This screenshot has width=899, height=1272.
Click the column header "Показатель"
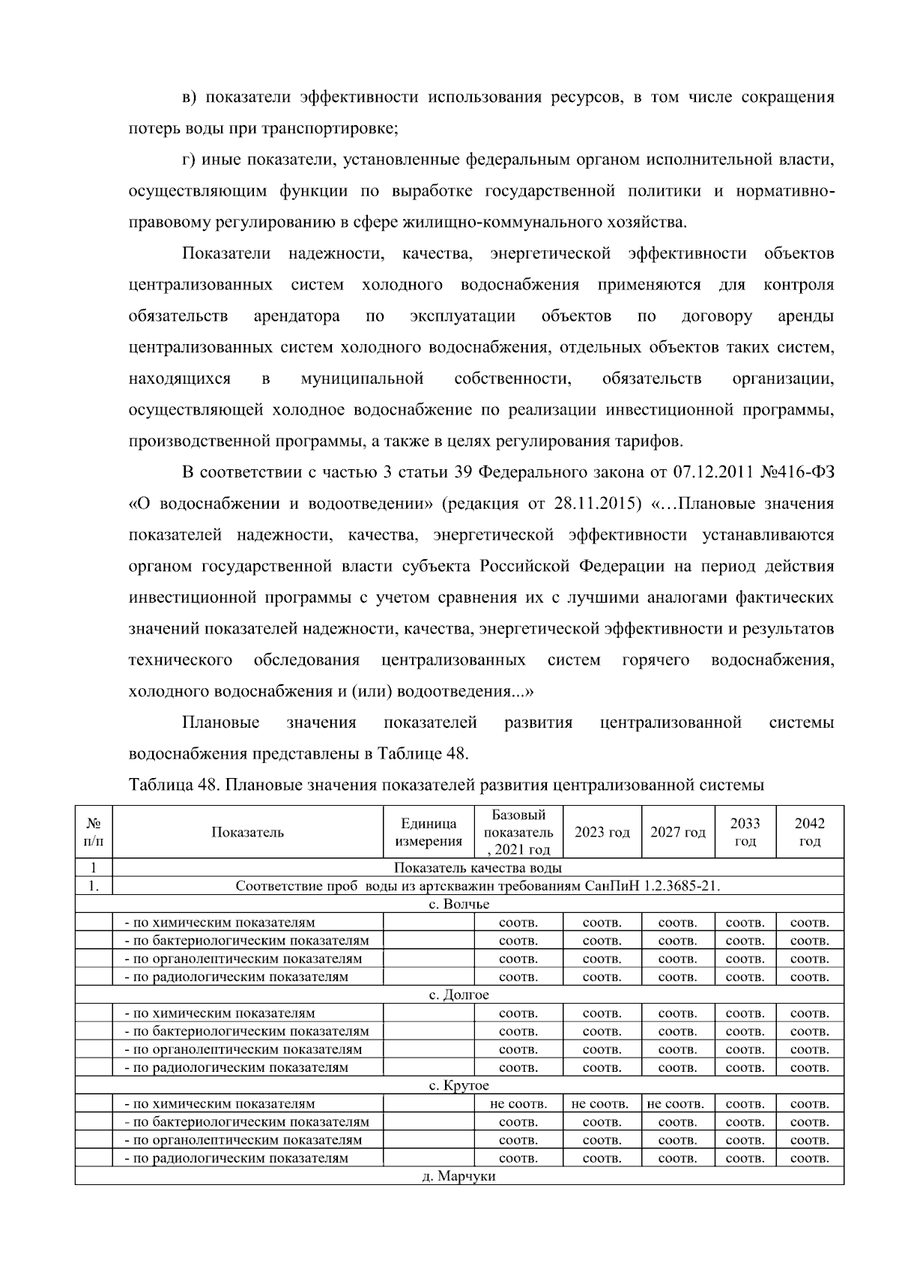tap(247, 832)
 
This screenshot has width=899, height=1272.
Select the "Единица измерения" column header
tap(429, 832)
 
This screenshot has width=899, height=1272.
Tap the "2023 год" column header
tap(602, 832)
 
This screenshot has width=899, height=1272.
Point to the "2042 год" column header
tap(809, 832)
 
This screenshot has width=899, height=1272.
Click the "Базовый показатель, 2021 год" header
tap(518, 832)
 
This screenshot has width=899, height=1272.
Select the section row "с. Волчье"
tap(458, 905)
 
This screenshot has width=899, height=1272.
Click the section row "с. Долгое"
tap(458, 995)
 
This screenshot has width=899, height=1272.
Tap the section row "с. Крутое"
tap(458, 1086)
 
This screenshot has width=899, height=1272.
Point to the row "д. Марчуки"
tap(458, 1177)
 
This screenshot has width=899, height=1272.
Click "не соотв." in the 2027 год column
tap(675, 1104)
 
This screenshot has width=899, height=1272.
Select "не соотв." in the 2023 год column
tap(599, 1104)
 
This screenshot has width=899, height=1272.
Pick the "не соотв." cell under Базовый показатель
tap(518, 1104)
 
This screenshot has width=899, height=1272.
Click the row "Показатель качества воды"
tap(478, 868)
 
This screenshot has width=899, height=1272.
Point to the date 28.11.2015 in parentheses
tap(597, 504)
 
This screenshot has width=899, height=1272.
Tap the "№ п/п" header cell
tap(94, 832)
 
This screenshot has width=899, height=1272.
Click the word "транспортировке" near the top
tap(340, 129)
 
